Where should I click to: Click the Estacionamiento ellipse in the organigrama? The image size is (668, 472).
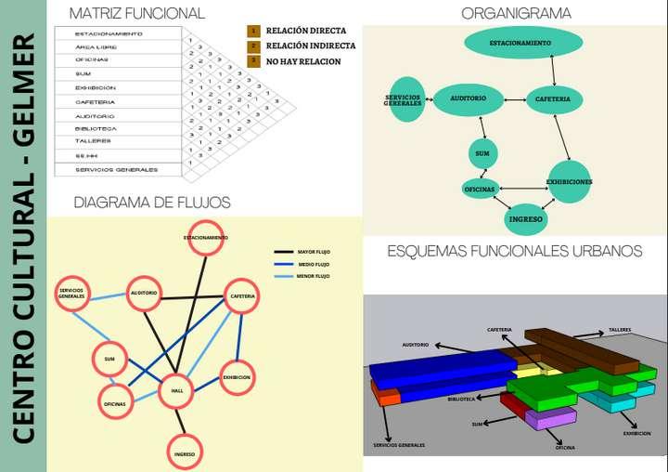(x=522, y=43)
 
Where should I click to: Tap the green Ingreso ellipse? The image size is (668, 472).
(x=525, y=218)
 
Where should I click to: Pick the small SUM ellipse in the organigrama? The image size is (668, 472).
(x=482, y=152)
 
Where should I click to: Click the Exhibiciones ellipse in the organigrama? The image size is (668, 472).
(x=569, y=181)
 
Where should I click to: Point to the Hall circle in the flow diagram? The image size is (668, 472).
(x=176, y=391)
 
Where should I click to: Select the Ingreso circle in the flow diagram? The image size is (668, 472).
(x=183, y=452)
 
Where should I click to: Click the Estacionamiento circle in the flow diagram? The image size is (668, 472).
(x=206, y=238)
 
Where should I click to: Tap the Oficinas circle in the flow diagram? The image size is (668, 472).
(x=116, y=401)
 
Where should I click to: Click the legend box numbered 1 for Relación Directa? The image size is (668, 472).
(x=253, y=31)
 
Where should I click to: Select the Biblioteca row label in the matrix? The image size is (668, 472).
(x=96, y=128)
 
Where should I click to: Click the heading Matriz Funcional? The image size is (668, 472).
(x=137, y=13)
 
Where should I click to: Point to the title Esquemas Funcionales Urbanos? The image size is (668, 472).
(x=514, y=251)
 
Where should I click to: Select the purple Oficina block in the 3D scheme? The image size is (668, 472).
(x=551, y=419)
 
